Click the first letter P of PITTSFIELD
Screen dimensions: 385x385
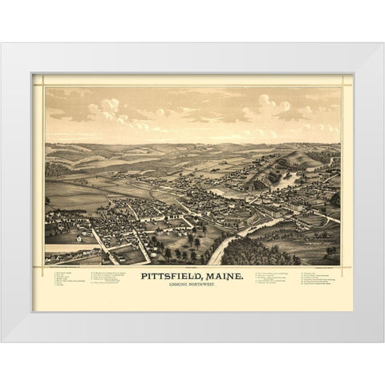144,278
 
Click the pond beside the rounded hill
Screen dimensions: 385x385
287,180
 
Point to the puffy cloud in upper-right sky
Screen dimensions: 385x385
273,103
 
